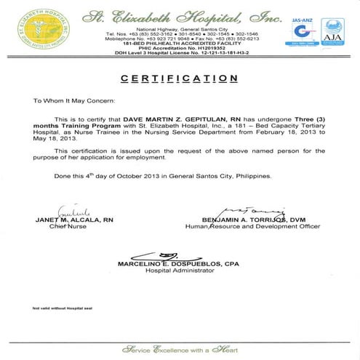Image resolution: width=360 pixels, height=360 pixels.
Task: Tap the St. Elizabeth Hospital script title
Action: coord(180,15)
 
